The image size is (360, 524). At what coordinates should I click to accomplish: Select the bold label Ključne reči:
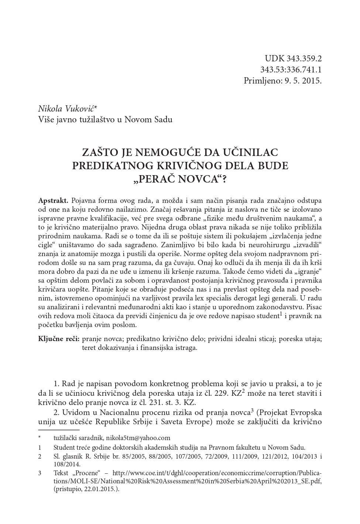(59, 338)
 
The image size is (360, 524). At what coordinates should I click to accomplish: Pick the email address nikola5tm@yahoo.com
(138, 438)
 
